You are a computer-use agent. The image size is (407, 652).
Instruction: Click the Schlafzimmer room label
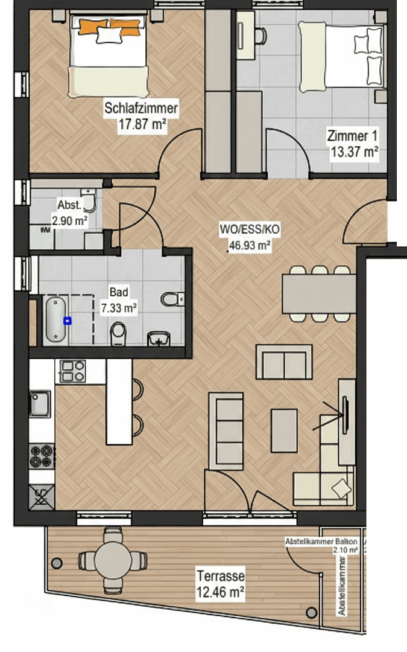(x=141, y=109)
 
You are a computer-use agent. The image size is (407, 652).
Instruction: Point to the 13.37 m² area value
(x=354, y=151)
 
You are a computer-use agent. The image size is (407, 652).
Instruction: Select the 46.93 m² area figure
(x=248, y=246)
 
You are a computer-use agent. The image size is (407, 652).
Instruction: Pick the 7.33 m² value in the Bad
(x=118, y=307)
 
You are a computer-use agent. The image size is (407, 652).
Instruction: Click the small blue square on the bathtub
(x=68, y=321)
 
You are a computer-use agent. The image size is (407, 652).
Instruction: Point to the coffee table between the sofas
(x=283, y=430)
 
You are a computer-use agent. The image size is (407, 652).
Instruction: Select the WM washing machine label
(x=45, y=230)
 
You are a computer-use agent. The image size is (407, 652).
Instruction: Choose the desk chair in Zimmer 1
(x=259, y=35)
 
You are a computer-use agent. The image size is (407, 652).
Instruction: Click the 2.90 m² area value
(x=70, y=221)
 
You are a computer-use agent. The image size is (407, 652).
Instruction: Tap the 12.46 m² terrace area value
(x=219, y=593)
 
